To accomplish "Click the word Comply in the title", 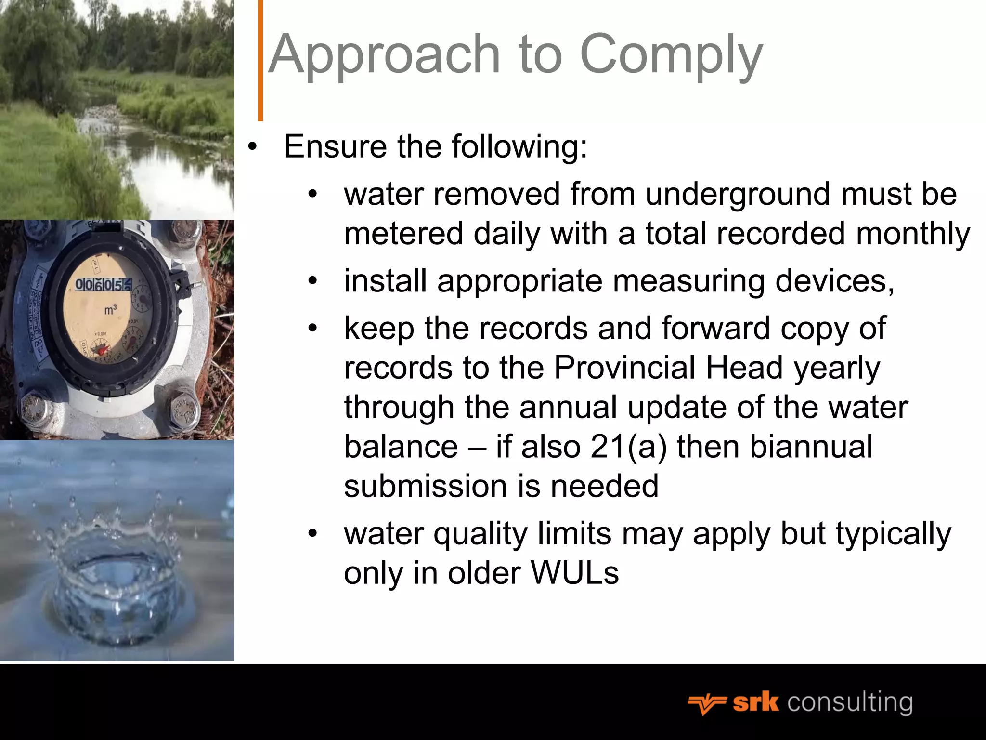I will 671,55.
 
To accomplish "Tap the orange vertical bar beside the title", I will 260,60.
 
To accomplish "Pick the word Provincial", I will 624,368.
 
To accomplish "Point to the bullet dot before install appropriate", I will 313,281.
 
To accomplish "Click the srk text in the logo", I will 755,703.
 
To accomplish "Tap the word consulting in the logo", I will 850,703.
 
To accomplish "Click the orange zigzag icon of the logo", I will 706,704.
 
